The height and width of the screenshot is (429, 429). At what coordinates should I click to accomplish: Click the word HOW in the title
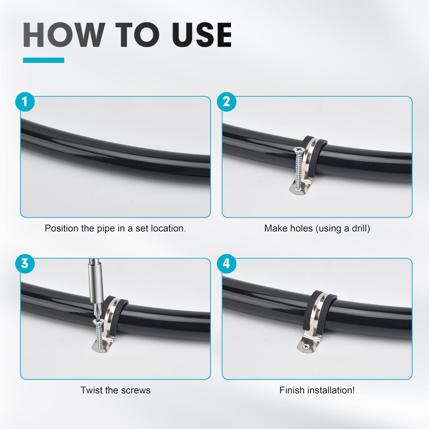coord(64,35)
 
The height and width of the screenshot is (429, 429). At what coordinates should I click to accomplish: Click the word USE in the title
coord(202,35)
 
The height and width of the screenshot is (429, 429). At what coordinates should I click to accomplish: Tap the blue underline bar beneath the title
coord(44,60)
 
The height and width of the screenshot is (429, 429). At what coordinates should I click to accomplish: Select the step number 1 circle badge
coord(25,102)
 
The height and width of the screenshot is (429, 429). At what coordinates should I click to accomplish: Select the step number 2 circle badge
coord(227,102)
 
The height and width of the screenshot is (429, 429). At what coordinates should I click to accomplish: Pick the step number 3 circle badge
coord(25,264)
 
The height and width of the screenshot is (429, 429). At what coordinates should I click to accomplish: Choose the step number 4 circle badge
coord(227,264)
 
